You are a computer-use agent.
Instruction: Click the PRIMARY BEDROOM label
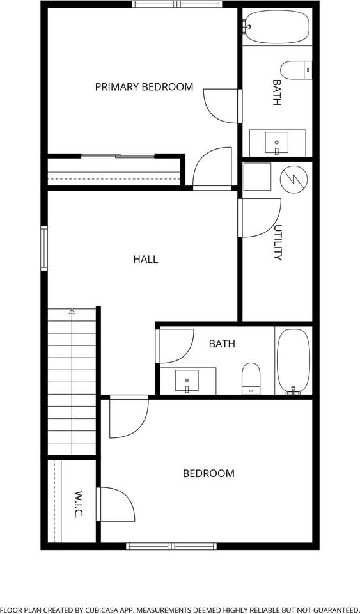coord(144,87)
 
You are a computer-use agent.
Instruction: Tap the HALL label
coord(145,259)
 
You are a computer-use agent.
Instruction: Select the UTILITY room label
coord(278,242)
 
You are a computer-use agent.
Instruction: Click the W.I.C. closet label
coord(79,505)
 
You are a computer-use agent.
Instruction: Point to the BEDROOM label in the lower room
coord(208,473)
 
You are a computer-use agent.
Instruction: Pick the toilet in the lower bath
coord(251,379)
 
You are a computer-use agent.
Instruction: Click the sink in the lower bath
coord(187,381)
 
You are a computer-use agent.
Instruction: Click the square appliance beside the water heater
coord(258,177)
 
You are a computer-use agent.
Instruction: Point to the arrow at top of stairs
coord(72,312)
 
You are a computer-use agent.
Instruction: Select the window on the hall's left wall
coord(44,248)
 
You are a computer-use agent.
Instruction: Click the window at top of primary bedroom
coord(176,4)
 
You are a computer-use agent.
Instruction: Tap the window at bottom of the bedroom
coord(171,546)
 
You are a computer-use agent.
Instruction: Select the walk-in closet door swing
coord(115,505)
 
